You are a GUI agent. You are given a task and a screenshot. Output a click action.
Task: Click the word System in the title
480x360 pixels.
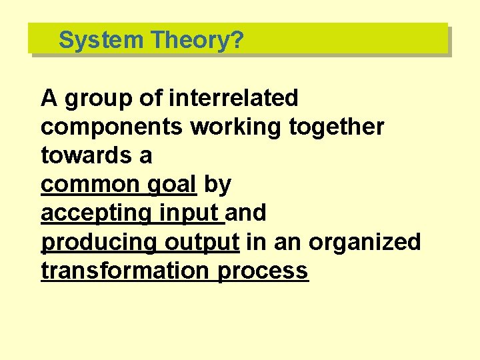[x=101, y=40]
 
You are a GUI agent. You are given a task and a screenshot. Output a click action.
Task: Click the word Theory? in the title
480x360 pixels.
[x=197, y=40]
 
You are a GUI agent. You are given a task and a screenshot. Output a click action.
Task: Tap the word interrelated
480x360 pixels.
[x=233, y=98]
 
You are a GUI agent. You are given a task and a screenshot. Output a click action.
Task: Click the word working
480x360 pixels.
[x=237, y=128]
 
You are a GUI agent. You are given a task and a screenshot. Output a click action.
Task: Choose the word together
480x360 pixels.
[x=337, y=127]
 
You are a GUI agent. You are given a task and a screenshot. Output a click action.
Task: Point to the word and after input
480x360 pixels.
[x=247, y=213]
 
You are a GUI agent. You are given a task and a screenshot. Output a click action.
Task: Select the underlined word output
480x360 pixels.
[x=202, y=243]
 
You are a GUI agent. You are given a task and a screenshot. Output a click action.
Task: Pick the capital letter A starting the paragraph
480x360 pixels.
[x=49, y=98]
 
